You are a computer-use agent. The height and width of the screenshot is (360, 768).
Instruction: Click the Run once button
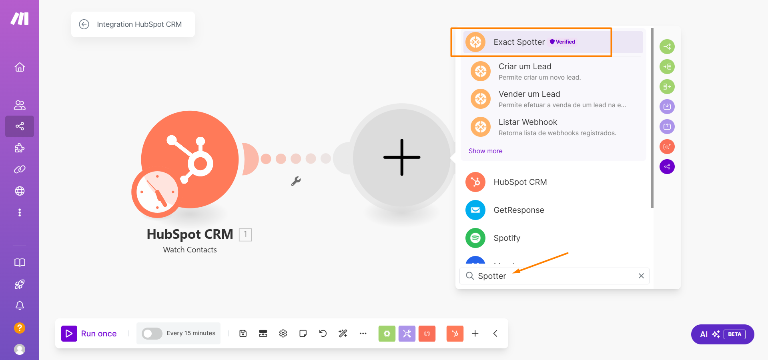coord(89,334)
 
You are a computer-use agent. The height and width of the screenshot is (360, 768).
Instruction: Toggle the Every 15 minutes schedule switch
coord(152,334)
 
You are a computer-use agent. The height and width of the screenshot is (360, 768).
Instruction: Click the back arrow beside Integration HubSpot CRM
coord(84,24)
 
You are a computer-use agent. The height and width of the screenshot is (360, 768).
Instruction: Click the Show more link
coord(485,151)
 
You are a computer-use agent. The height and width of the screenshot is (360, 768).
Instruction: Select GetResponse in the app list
coord(519,210)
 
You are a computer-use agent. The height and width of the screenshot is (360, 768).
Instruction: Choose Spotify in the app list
coord(507,238)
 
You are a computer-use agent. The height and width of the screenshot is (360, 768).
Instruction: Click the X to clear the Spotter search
coord(641,276)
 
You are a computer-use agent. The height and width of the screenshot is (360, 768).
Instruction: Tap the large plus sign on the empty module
coord(402,157)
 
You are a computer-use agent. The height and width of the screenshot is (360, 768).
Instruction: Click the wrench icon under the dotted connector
coord(296,181)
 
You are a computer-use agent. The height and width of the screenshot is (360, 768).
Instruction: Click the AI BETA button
coord(722,334)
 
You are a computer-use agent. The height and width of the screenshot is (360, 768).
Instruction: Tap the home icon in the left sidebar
coord(20,67)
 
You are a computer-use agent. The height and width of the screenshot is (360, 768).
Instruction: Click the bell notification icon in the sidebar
coord(20,306)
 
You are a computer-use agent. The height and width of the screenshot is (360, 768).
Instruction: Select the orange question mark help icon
coord(20,328)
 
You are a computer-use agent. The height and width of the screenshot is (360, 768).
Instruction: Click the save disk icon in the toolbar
coord(243,334)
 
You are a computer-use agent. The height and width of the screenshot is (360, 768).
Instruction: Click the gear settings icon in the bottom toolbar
coord(283,334)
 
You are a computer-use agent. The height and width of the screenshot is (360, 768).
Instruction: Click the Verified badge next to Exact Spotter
coord(562,42)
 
